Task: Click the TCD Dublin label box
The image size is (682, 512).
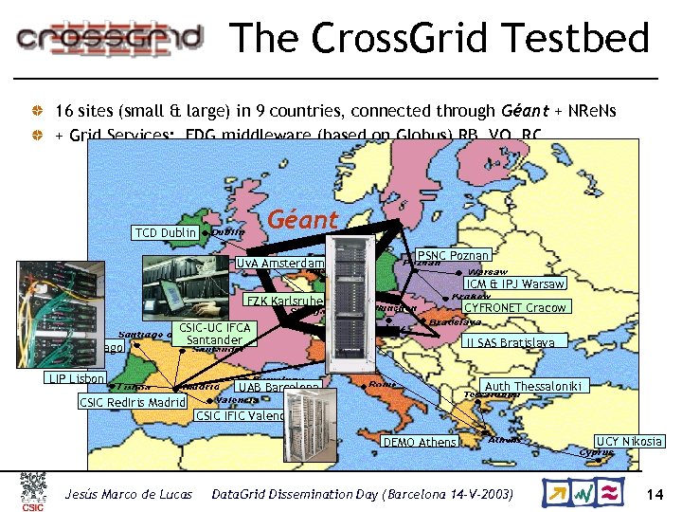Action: (x=165, y=233)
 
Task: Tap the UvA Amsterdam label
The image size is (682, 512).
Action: (x=279, y=263)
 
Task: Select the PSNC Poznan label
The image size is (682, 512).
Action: (x=454, y=255)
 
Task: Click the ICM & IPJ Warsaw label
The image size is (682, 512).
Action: (x=514, y=283)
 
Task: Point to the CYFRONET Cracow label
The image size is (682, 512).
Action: (x=514, y=307)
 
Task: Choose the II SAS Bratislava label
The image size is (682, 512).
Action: (x=514, y=341)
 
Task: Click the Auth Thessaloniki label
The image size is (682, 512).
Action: (x=534, y=386)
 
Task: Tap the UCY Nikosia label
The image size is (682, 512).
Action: (x=628, y=442)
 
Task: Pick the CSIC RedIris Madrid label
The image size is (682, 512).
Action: (x=132, y=402)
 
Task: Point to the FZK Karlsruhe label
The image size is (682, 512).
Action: (x=284, y=302)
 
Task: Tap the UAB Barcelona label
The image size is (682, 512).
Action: (x=278, y=388)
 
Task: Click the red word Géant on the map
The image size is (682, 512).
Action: (x=303, y=220)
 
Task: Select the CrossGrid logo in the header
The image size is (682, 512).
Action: (x=110, y=38)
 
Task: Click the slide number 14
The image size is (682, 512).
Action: (x=654, y=495)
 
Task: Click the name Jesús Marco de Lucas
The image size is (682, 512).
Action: (x=128, y=495)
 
